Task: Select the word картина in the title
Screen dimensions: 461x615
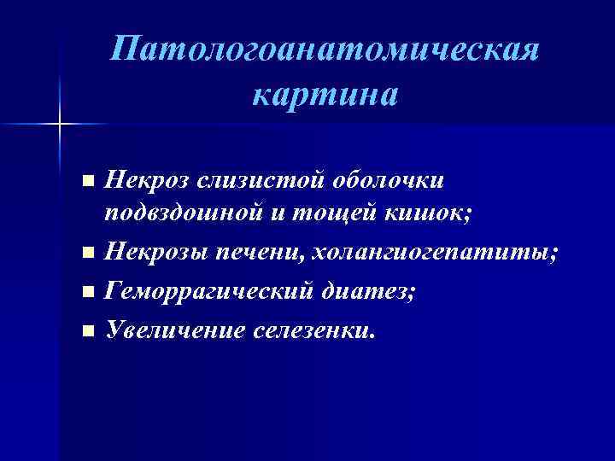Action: click(x=325, y=95)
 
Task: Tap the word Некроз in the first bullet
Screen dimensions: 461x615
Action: click(x=146, y=180)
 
